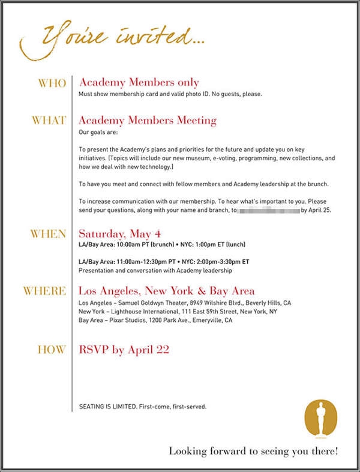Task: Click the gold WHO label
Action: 52,83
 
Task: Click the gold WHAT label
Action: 49,120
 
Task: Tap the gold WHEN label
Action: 48,234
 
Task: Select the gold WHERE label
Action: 44,291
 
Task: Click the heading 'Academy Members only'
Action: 139,82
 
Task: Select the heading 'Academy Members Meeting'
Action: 148,120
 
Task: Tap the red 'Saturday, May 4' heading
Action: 120,234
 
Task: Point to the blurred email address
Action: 268,211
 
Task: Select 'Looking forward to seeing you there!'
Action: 253,450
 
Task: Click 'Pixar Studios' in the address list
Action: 133,321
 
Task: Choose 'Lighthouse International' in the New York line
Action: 145,312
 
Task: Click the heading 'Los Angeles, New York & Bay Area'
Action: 166,291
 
